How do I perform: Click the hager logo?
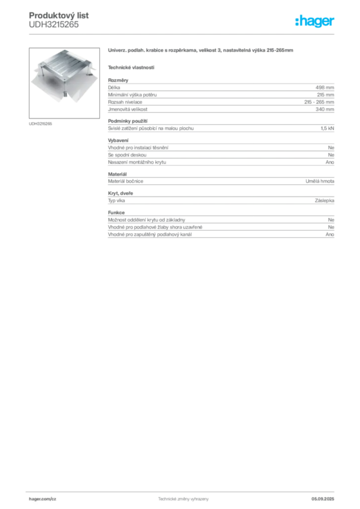pyautogui.click(x=315, y=21)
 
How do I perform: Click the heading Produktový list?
pyautogui.click(x=59, y=15)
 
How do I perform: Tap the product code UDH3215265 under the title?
pyautogui.click(x=54, y=25)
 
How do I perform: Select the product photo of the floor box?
pyautogui.click(x=64, y=83)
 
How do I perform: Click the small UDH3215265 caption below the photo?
pyautogui.click(x=40, y=124)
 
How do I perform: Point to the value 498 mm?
pyautogui.click(x=325, y=87)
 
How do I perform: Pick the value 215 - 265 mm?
pyautogui.click(x=319, y=102)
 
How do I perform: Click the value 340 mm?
pyautogui.click(x=325, y=109)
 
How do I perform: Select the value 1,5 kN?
pyautogui.click(x=327, y=128)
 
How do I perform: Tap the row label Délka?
pyautogui.click(x=114, y=87)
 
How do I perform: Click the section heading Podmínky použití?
pyautogui.click(x=128, y=121)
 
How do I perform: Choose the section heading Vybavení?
pyautogui.click(x=118, y=140)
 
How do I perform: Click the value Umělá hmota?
pyautogui.click(x=320, y=181)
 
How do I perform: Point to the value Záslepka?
pyautogui.click(x=324, y=201)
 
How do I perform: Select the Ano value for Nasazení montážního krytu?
pyautogui.click(x=330, y=162)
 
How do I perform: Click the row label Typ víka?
pyautogui.click(x=116, y=201)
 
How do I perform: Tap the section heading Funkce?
pyautogui.click(x=116, y=213)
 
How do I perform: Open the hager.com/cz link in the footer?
pyautogui.click(x=43, y=499)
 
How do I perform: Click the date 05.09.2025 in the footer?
pyautogui.click(x=323, y=499)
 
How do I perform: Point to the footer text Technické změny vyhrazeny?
pyautogui.click(x=183, y=499)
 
